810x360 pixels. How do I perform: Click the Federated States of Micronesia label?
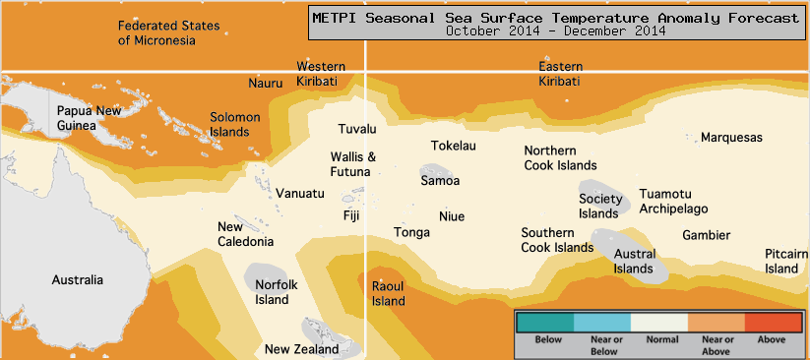click(169, 32)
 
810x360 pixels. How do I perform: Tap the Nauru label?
click(265, 84)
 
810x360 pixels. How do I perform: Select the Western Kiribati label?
click(321, 74)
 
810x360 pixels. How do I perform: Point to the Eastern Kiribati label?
click(559, 74)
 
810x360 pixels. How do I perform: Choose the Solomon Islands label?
click(234, 124)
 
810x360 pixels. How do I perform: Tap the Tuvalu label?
click(357, 130)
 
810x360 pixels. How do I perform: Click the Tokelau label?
click(454, 147)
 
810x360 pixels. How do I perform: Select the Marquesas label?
click(731, 138)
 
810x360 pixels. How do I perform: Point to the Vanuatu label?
click(299, 194)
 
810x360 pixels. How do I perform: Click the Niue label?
click(452, 216)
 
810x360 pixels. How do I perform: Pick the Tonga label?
click(411, 233)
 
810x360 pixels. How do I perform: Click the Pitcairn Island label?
click(786, 261)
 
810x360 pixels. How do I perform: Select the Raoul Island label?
click(388, 293)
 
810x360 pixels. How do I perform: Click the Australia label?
click(77, 280)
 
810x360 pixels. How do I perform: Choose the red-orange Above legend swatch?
click(773, 321)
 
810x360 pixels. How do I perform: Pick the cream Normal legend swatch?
click(658, 321)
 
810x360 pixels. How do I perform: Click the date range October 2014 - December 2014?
click(555, 30)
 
